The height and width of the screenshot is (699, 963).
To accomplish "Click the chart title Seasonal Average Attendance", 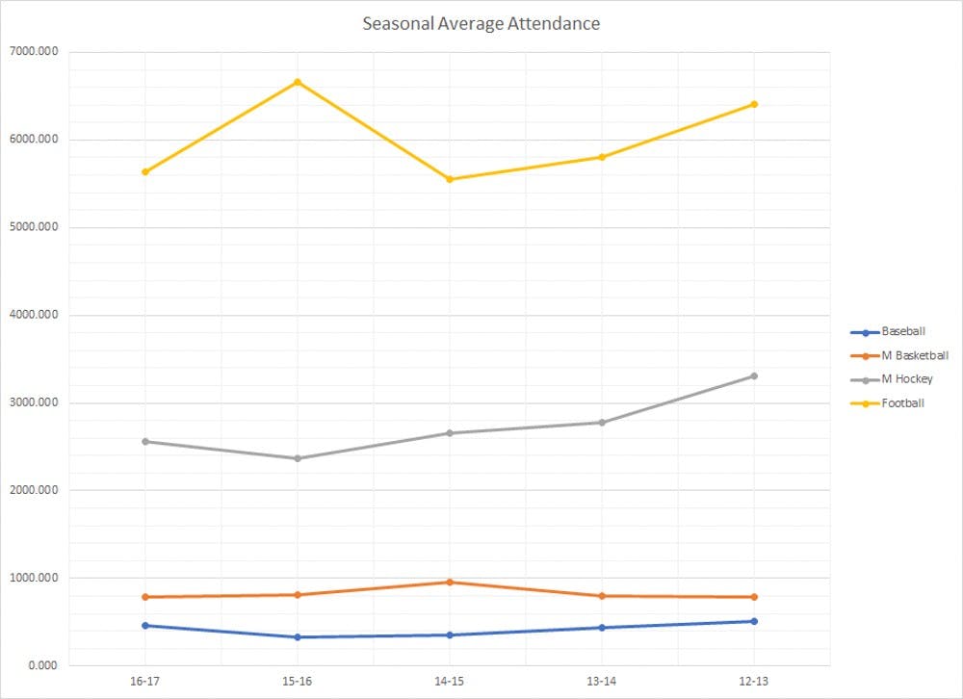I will coord(481,23).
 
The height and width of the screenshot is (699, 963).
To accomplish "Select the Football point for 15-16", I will coord(297,82).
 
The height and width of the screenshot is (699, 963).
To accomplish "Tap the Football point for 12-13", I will coord(754,104).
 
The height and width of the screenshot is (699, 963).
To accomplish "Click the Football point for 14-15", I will coord(449,179).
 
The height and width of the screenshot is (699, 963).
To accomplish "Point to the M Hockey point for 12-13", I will coord(754,375).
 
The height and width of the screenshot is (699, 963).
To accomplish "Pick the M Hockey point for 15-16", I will coord(297,458).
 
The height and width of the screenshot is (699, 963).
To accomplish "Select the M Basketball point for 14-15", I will coord(449,582).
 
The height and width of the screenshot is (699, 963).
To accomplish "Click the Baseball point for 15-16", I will coord(297,637).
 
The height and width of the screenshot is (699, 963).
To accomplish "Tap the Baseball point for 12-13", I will coord(754,621).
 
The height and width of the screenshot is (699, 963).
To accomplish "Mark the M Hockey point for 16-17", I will coord(144,441).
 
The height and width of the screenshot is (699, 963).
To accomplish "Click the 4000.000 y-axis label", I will coord(34,315).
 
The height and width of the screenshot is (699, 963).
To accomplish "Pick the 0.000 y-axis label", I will coord(41,665).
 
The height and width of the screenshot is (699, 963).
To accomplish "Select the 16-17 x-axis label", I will coord(144,681).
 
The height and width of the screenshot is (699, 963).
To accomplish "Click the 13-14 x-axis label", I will coord(602,681).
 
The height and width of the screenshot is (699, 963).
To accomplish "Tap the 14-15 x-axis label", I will coord(449,681).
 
